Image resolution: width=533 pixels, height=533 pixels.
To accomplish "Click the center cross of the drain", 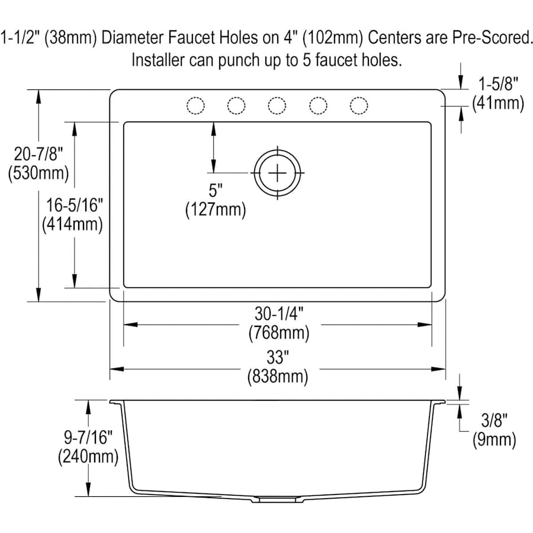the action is point(277,173).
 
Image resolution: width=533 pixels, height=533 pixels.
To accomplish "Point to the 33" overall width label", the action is point(278,357).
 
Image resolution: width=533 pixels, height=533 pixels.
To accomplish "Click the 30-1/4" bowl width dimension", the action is point(279,314).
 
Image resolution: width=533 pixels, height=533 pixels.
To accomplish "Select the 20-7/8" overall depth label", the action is point(38,154).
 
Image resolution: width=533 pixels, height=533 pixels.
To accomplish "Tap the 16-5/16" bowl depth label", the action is point(75,206).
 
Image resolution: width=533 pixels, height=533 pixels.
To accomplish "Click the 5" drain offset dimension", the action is point(216,190).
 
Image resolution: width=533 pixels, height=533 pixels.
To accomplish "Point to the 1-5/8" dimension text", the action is point(498,84).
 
